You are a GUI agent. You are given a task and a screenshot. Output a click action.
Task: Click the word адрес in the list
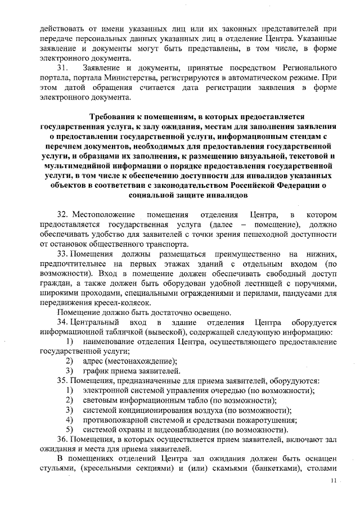pos(92,361)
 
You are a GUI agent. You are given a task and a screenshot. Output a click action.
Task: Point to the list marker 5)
pos(70,430)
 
